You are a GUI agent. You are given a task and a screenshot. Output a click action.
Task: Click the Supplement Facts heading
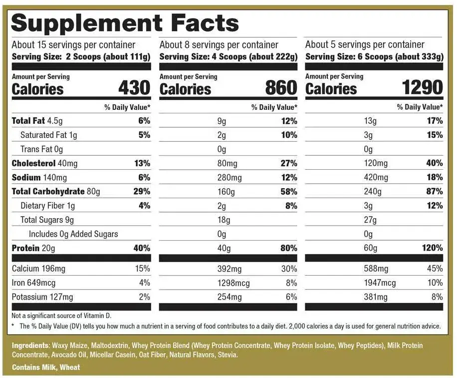(x=125, y=23)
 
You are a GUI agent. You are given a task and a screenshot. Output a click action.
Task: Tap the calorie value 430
(x=134, y=88)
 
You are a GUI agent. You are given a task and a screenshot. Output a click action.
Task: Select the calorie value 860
(x=281, y=88)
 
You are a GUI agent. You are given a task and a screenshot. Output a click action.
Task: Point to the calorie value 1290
(x=422, y=88)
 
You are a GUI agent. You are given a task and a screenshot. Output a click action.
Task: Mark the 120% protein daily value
(x=432, y=248)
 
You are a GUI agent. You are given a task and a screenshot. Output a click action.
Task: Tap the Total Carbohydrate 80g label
(x=56, y=192)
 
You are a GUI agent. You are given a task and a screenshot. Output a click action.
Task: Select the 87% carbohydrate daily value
(x=435, y=192)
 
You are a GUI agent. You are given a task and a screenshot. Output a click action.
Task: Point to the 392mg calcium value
(x=229, y=269)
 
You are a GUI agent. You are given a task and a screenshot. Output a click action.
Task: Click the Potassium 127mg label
(x=42, y=297)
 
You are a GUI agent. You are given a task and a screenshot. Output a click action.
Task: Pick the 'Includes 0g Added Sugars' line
(x=73, y=234)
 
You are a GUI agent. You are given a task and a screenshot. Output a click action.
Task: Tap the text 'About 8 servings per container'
(x=219, y=45)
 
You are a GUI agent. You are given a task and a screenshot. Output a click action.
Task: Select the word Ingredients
(x=30, y=346)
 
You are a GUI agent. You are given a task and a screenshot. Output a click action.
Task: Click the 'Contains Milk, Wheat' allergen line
(x=46, y=367)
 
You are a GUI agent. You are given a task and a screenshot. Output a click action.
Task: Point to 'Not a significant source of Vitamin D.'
(x=60, y=316)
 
